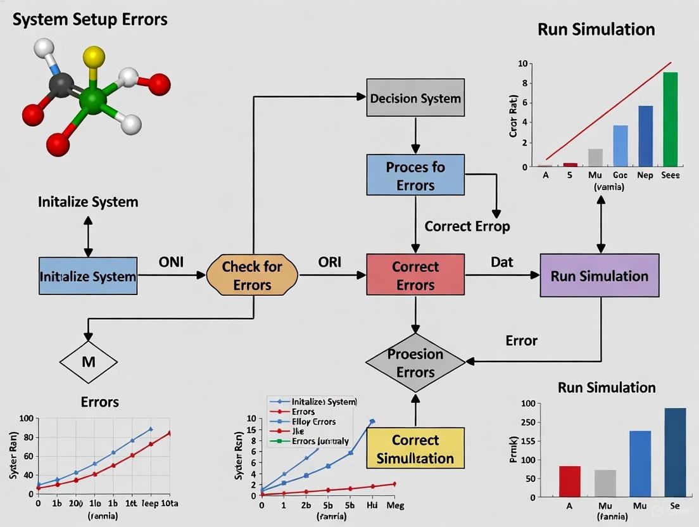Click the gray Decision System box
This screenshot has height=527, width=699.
[415, 98]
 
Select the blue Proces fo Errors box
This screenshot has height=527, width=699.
[415, 175]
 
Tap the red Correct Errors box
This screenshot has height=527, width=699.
[415, 276]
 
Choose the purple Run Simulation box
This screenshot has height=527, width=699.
[599, 276]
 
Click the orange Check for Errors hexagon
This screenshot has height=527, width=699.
[252, 276]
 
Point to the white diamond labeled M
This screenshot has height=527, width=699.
[88, 362]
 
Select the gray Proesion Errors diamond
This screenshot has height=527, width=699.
[415, 362]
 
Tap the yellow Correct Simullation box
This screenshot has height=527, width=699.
[415, 448]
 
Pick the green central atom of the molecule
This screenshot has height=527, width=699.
[93, 101]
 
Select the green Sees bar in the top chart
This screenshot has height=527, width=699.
[670, 119]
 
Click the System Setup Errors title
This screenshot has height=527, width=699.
[91, 19]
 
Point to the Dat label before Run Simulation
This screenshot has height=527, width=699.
[501, 261]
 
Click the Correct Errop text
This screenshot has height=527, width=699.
[467, 226]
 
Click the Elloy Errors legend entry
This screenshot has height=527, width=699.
[313, 421]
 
